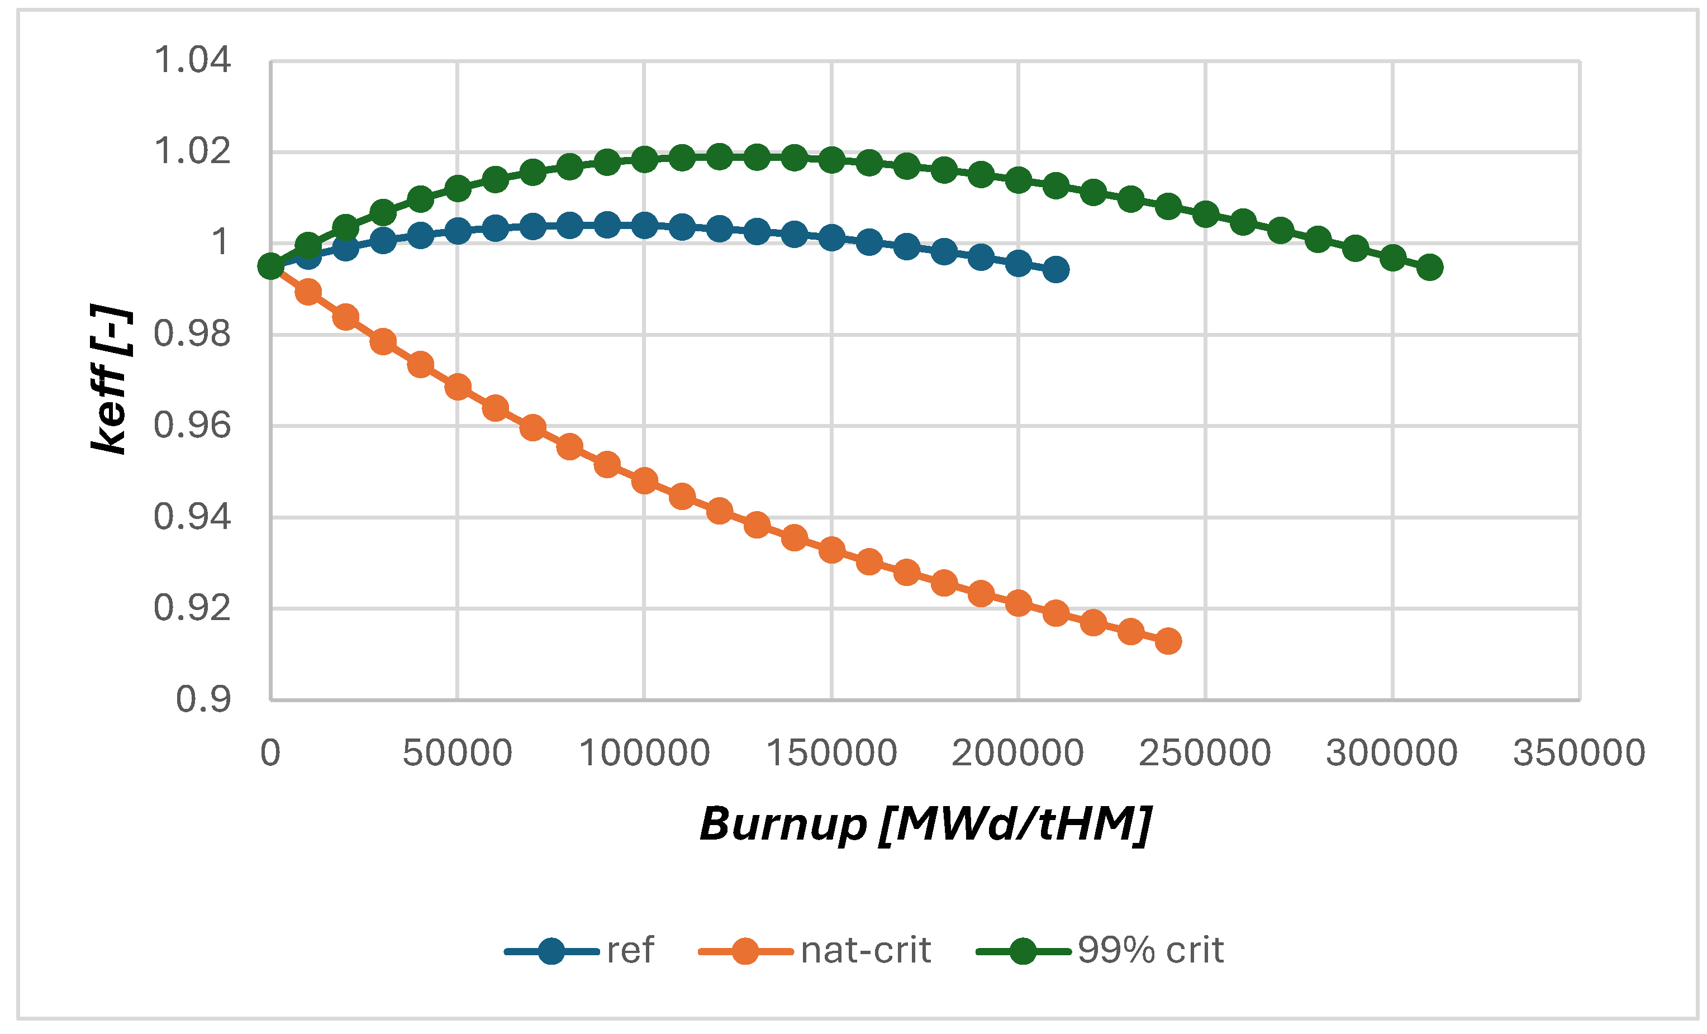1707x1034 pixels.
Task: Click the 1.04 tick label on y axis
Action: [x=192, y=60]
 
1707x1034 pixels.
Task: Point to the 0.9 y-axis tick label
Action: [x=203, y=699]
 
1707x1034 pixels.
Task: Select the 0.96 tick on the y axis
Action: [x=192, y=425]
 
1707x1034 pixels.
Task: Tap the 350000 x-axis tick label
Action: [x=1579, y=754]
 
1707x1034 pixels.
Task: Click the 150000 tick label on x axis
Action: [x=831, y=754]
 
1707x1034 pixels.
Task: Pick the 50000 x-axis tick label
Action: [x=457, y=754]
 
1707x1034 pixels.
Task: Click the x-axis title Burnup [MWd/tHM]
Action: [x=925, y=824]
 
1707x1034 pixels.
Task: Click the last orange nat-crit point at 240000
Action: [x=1168, y=641]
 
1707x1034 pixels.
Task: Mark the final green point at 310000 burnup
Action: [x=1430, y=268]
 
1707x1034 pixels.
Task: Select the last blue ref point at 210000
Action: [x=1056, y=269]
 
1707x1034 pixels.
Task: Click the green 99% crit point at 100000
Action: [x=644, y=160]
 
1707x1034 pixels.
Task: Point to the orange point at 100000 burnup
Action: [x=644, y=480]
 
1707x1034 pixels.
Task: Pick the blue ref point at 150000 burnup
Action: [x=831, y=237]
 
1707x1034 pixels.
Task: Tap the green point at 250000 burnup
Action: [x=1205, y=214]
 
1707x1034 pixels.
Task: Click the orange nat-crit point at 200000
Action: [x=1019, y=603]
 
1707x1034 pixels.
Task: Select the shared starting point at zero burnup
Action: [x=270, y=266]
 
